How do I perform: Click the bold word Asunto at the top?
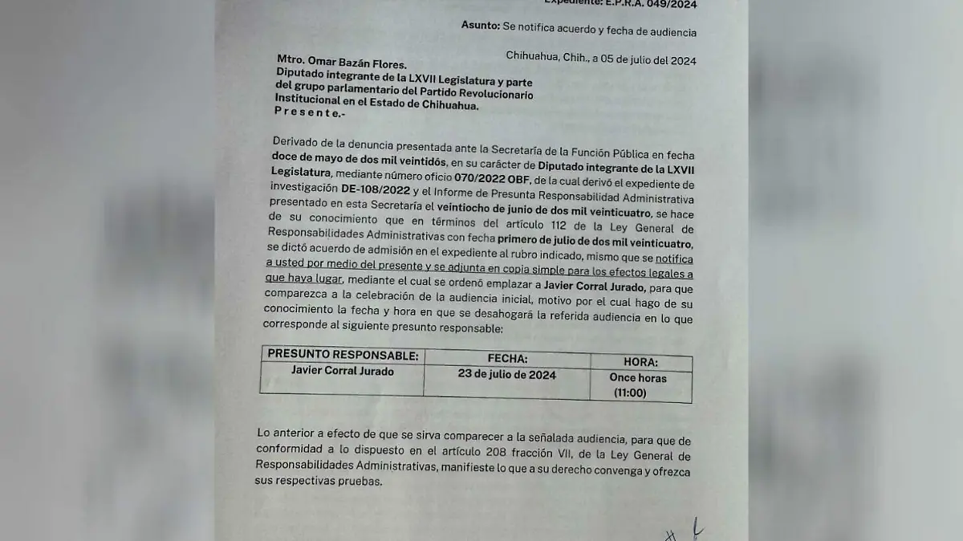480,26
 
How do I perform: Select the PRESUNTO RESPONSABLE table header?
342,355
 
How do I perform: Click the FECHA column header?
507,359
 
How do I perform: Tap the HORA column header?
640,363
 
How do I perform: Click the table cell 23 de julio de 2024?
506,375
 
